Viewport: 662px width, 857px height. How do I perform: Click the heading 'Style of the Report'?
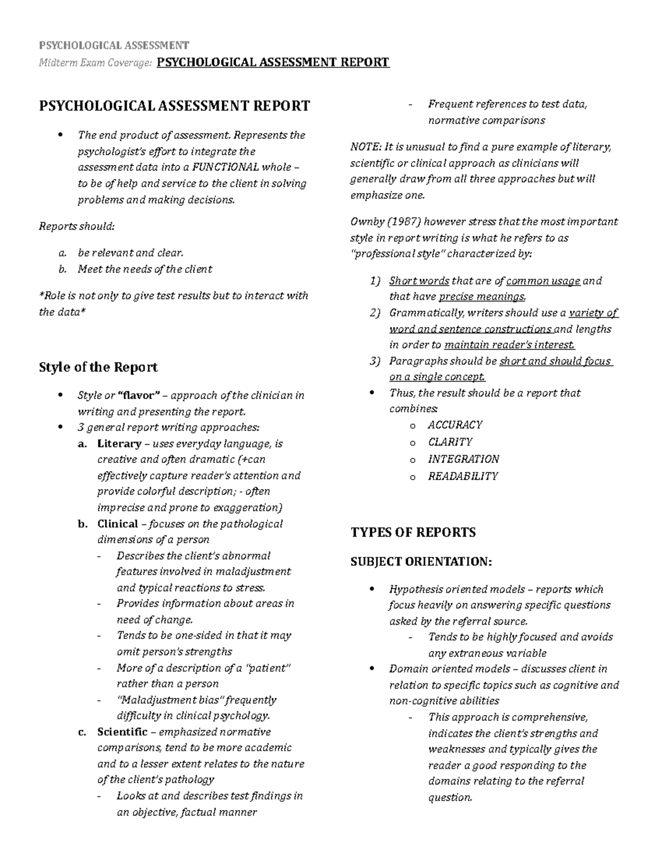(x=98, y=368)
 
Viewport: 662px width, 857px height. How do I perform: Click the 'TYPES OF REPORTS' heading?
(x=413, y=533)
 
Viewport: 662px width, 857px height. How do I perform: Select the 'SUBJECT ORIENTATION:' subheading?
(x=420, y=562)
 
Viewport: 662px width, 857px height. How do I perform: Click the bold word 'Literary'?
(x=119, y=444)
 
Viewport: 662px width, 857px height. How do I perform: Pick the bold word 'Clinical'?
(x=118, y=524)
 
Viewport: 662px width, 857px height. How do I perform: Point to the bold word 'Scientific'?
(x=122, y=732)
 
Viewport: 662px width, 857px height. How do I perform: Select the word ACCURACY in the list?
(x=455, y=425)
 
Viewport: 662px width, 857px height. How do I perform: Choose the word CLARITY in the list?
(x=450, y=442)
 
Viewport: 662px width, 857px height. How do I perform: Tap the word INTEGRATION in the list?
(x=463, y=459)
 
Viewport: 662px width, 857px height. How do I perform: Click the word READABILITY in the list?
(x=463, y=476)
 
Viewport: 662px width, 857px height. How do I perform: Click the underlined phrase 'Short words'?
(x=419, y=281)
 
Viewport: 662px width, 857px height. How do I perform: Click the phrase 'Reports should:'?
(x=77, y=226)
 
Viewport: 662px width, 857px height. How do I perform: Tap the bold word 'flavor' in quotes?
(x=141, y=396)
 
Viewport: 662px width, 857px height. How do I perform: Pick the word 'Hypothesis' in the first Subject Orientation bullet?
(x=415, y=589)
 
